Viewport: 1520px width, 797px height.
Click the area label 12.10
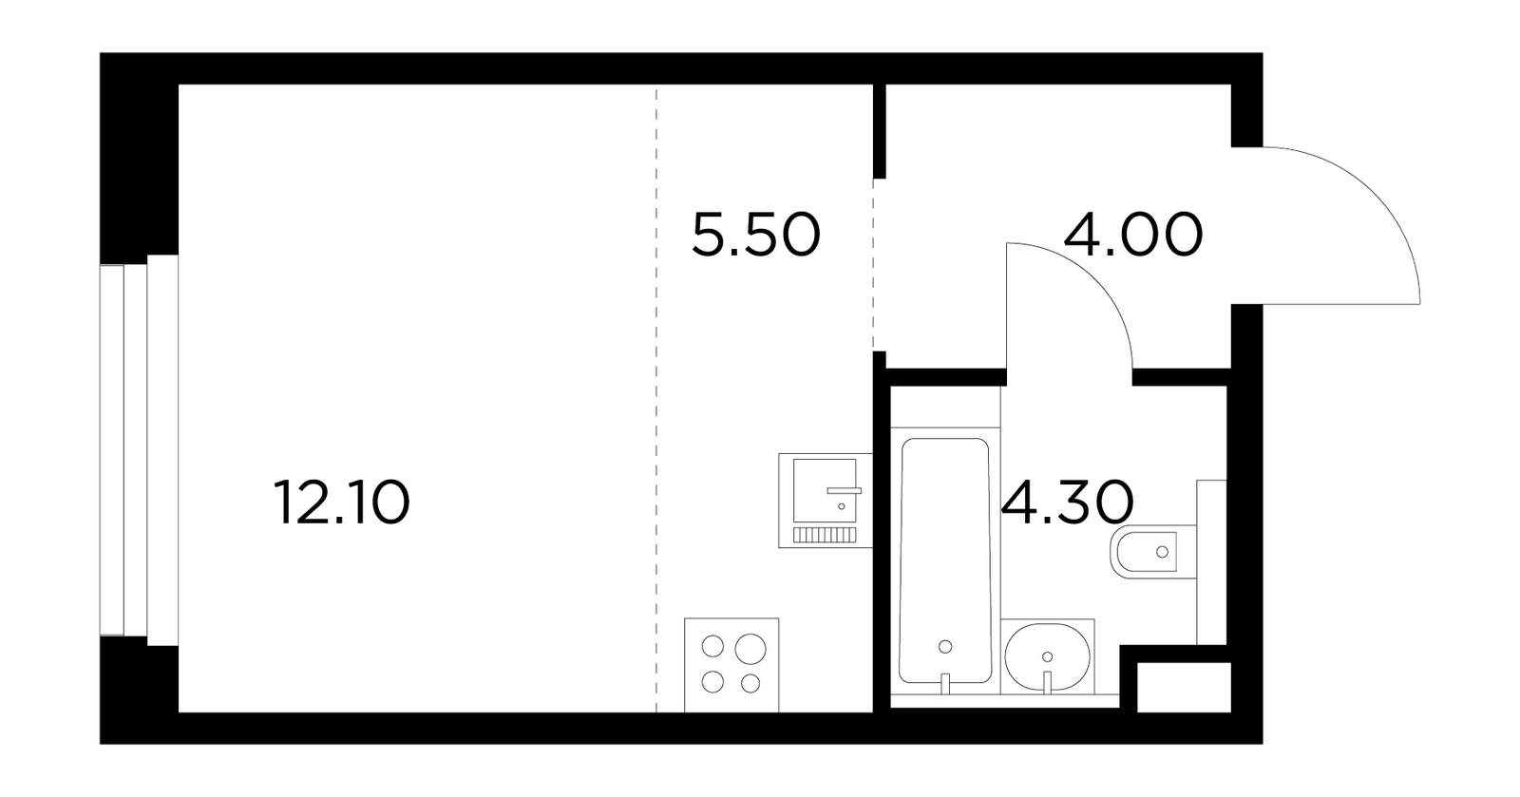[342, 503]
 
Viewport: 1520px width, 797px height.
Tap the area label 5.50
[756, 236]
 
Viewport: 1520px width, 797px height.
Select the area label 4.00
[1133, 236]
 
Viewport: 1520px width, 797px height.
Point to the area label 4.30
[1068, 503]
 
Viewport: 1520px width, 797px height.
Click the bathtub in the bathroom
[944, 560]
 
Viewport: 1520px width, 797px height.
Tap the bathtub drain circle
[945, 646]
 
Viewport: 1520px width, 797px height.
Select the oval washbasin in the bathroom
[1047, 656]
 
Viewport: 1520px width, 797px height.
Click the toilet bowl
[1153, 552]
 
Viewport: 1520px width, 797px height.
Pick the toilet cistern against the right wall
[1211, 561]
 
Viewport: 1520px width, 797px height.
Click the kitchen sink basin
[825, 490]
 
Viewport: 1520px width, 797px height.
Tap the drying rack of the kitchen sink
[825, 535]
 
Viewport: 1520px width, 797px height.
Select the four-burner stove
[731, 665]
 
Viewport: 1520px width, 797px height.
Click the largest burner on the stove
[750, 649]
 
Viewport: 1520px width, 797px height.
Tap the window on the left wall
[139, 450]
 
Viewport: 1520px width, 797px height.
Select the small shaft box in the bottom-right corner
[1184, 688]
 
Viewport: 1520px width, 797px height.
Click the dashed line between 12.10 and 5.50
[656, 398]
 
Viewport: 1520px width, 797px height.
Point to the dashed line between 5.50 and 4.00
[873, 264]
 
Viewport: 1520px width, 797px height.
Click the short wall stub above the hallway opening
[880, 131]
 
